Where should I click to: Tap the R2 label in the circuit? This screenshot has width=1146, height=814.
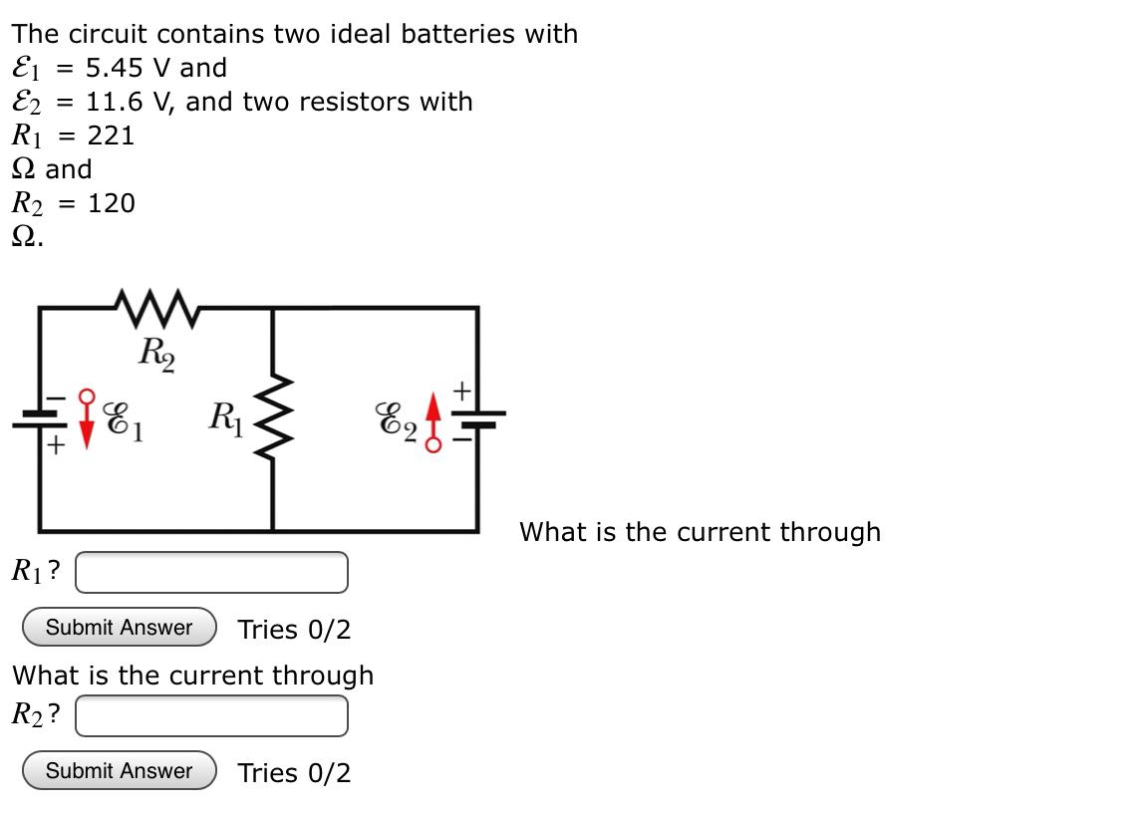[x=156, y=353]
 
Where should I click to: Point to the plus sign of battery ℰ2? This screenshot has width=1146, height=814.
[x=462, y=390]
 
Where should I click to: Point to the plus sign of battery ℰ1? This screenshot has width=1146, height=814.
[x=56, y=446]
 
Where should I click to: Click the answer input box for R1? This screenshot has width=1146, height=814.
[x=212, y=572]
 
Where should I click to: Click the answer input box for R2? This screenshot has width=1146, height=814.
[x=212, y=715]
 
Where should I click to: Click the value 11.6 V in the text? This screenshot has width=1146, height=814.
[x=131, y=102]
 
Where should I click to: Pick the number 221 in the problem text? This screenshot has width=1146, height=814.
[x=111, y=136]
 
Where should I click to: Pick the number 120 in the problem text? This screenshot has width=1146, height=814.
[x=111, y=203]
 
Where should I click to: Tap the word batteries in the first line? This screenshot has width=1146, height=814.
[x=459, y=34]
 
